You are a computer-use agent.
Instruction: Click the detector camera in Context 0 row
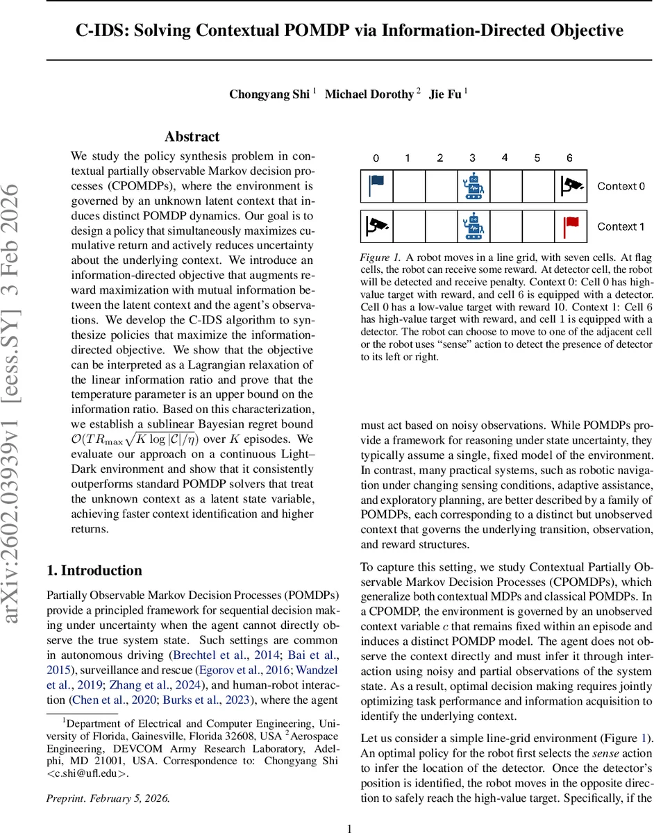(571, 185)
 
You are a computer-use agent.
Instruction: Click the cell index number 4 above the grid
(505, 158)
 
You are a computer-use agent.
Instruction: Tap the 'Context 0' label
(621, 186)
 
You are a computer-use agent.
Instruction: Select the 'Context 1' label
(621, 226)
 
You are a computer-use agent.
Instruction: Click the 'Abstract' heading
(192, 137)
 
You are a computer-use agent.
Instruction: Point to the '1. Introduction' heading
(94, 571)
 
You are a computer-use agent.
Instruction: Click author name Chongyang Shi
(269, 94)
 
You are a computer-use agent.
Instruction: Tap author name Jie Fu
(445, 94)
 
